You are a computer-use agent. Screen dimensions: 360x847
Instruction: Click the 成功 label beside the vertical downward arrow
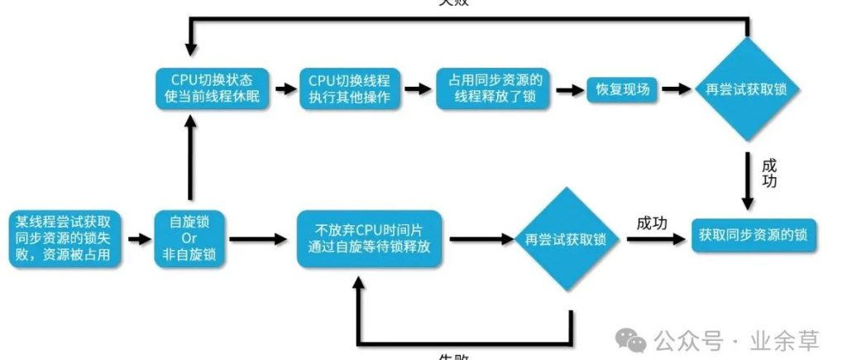click(x=769, y=172)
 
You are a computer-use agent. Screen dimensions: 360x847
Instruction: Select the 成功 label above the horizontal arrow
click(x=653, y=223)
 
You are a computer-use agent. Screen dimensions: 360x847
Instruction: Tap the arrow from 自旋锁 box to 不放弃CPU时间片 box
click(x=261, y=240)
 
